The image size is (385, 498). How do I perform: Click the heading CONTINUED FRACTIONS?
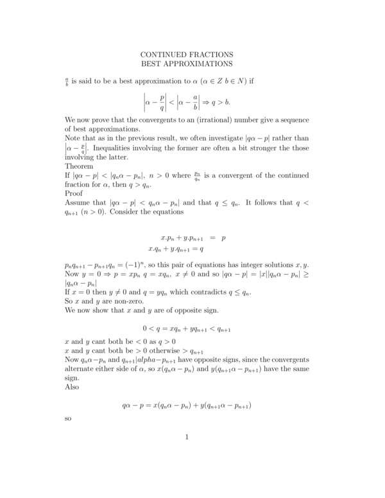[186, 55]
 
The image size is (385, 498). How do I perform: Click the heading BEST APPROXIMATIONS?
[186, 64]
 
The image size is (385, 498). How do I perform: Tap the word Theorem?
[80, 164]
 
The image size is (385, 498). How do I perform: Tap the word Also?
[73, 387]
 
